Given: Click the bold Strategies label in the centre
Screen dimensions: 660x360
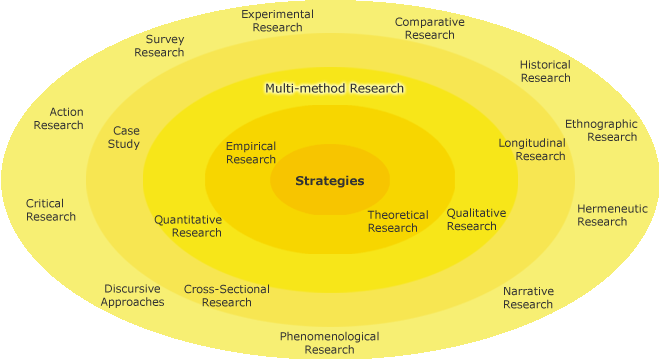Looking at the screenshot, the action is pyautogui.click(x=329, y=181).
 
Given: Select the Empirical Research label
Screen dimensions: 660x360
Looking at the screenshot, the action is pyautogui.click(x=251, y=153).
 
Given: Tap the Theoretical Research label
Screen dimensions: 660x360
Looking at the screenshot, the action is pyautogui.click(x=397, y=221).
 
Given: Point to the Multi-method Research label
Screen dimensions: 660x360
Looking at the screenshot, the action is pyautogui.click(x=334, y=88).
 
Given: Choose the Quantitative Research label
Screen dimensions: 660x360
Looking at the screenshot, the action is pyautogui.click(x=188, y=226).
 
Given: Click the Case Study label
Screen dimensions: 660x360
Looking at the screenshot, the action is pyautogui.click(x=125, y=137).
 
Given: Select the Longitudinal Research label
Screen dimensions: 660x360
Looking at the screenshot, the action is pyautogui.click(x=532, y=149).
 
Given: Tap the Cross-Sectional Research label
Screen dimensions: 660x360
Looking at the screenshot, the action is pyautogui.click(x=226, y=296).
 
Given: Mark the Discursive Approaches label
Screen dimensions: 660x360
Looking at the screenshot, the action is pyautogui.click(x=132, y=296).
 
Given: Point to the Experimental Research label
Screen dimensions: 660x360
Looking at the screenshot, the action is pyautogui.click(x=278, y=21).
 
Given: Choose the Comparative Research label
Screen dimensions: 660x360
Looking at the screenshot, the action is pyautogui.click(x=429, y=28).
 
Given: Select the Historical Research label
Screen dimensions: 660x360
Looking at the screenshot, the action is pyautogui.click(x=545, y=71).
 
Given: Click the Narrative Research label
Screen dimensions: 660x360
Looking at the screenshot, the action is pyautogui.click(x=528, y=297).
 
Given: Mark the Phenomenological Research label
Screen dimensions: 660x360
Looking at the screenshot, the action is pyautogui.click(x=329, y=343).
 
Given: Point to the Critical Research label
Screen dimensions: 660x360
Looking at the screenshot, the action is pyautogui.click(x=51, y=210).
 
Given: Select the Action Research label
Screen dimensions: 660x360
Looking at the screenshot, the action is pyautogui.click(x=58, y=119).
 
